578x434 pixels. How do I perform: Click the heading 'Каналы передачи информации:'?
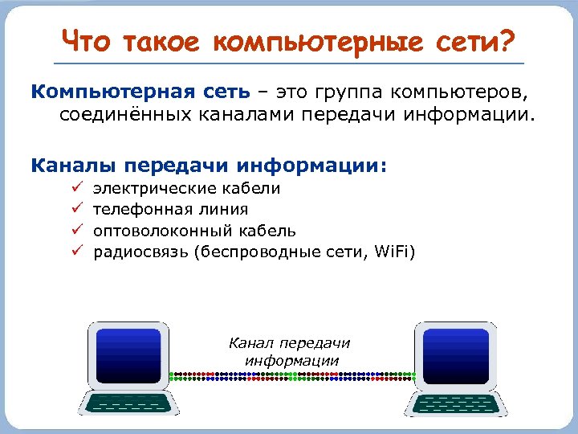pos(209,166)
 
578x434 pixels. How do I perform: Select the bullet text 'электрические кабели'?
pos(187,189)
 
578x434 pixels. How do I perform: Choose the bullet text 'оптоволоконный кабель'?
pos(194,231)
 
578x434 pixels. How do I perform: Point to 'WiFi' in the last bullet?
pos(393,252)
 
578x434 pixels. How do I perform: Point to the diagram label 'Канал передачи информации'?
pos(290,352)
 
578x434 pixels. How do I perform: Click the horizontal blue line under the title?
pos(288,63)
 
